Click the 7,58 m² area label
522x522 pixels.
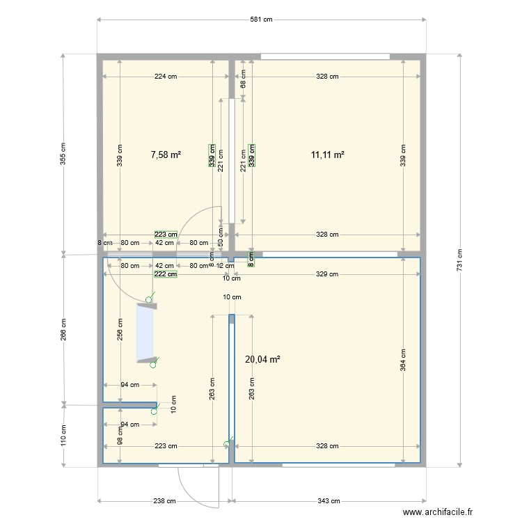(166, 155)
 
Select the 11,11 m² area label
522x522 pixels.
(329, 155)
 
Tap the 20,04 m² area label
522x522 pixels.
(263, 359)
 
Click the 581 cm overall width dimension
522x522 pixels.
(261, 19)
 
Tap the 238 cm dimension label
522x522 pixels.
(164, 500)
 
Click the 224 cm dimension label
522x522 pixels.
(166, 77)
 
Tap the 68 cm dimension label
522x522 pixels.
(243, 79)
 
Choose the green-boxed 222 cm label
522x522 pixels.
(166, 274)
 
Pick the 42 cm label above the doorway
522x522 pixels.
(164, 243)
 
